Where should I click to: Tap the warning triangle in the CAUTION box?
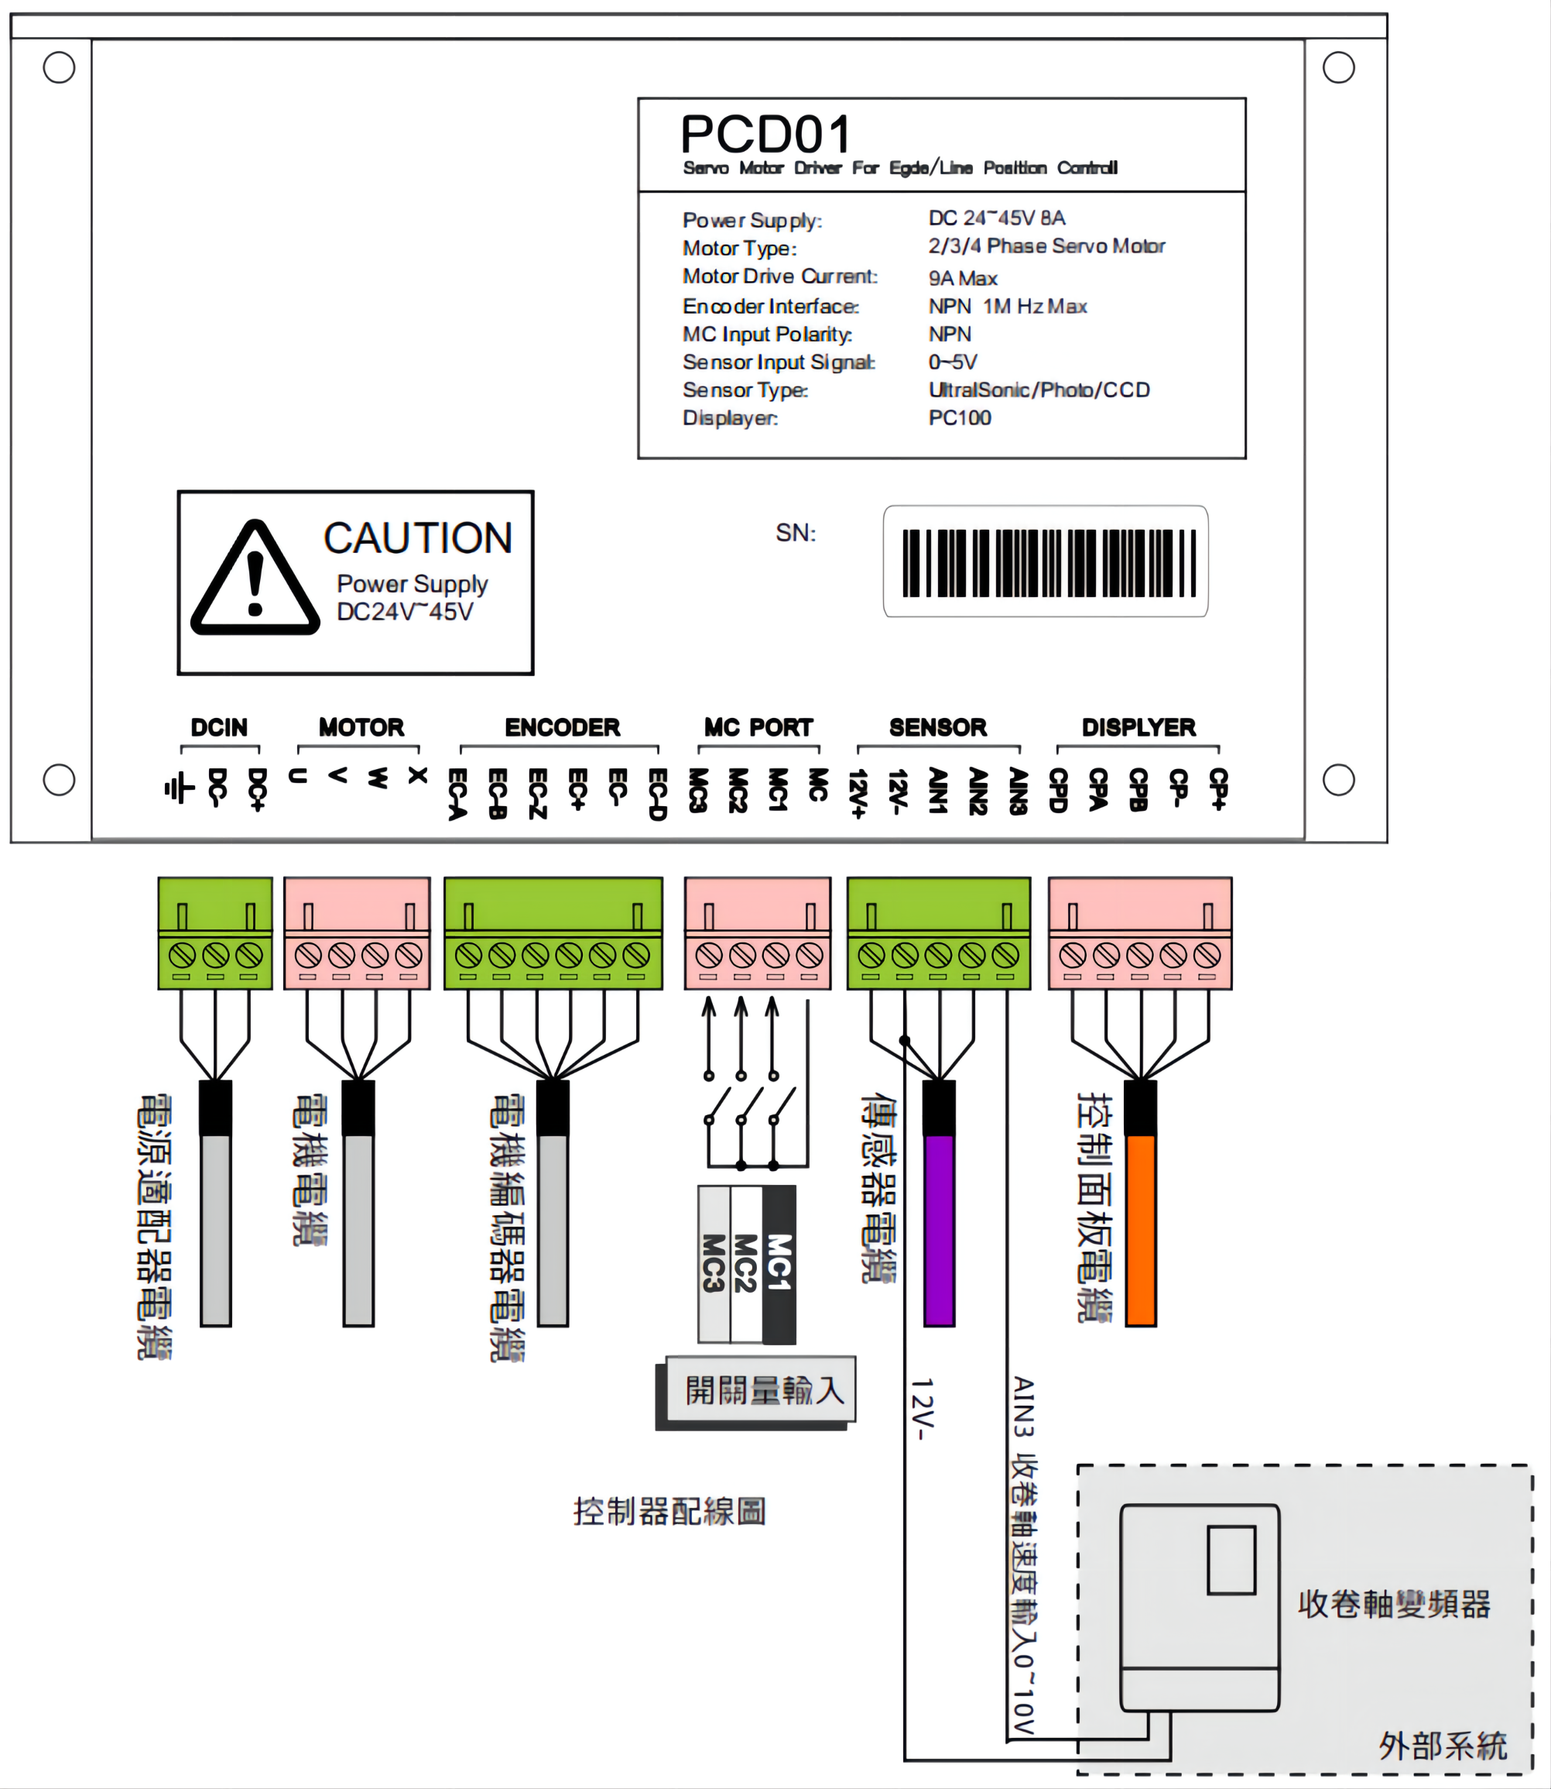[255, 579]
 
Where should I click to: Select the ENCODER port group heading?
[562, 727]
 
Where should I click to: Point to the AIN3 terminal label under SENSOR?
[1019, 791]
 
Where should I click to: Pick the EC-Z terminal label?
[537, 792]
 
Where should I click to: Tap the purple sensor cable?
[939, 1230]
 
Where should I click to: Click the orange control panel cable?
[1140, 1230]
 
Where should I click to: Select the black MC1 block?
[779, 1264]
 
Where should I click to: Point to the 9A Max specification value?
[963, 279]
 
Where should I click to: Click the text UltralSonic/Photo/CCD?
[1039, 390]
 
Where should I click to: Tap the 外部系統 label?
[1442, 1746]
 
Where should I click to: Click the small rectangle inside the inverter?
[1231, 1561]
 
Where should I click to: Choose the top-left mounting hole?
[59, 67]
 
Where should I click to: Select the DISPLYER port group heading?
[1138, 727]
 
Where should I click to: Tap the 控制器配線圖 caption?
[669, 1511]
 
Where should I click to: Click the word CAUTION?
[417, 537]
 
